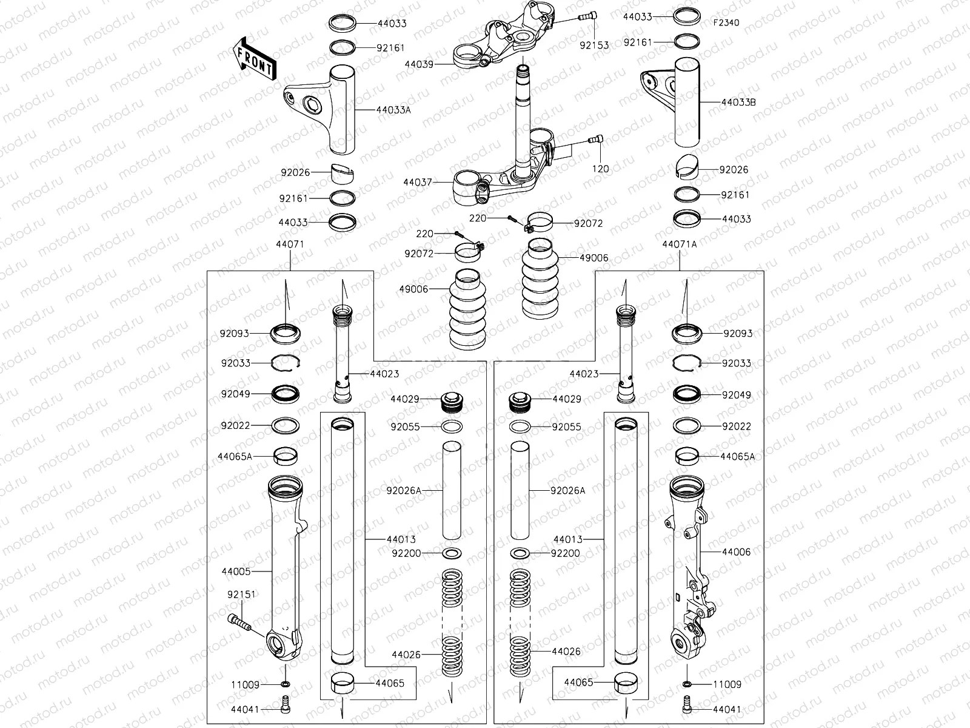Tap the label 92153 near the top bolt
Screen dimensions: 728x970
coord(594,45)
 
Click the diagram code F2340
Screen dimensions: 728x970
coord(726,22)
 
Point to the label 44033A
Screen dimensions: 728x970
coord(393,110)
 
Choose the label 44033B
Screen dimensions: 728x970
coord(738,103)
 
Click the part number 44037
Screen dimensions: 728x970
coord(418,181)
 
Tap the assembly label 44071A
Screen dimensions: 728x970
coord(679,244)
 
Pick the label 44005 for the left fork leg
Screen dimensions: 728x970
coord(236,571)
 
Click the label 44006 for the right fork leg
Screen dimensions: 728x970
coord(737,552)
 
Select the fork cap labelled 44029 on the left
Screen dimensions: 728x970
coord(452,401)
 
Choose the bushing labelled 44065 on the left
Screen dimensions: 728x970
coord(343,682)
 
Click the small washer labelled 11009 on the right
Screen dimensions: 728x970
coord(686,684)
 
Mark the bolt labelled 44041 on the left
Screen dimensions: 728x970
coord(286,704)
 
